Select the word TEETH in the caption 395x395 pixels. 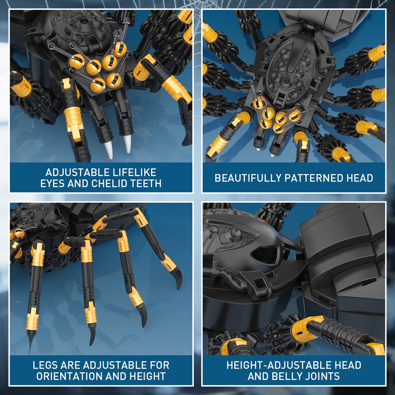tap(146, 183)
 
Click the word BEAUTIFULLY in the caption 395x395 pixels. tap(248, 178)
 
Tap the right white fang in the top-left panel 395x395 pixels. tap(127, 144)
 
